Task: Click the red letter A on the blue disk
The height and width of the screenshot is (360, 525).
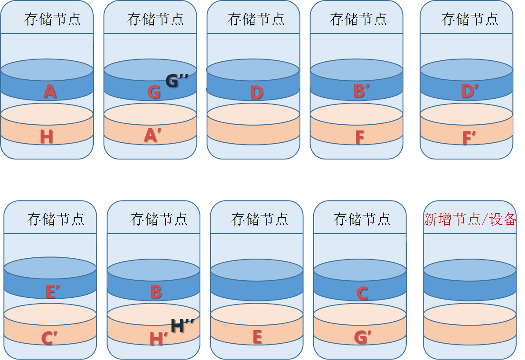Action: pos(50,92)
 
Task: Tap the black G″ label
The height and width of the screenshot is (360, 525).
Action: pos(177,81)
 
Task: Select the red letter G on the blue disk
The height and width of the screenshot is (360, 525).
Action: pos(154,93)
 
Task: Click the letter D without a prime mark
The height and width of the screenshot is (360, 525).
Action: pos(256,93)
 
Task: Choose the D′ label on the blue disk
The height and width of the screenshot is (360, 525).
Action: pos(470,92)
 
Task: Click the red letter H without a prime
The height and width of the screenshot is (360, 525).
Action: pos(46,137)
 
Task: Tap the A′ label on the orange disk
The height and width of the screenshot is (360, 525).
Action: pos(153,136)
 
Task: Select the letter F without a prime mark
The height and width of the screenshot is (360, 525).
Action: pos(359,137)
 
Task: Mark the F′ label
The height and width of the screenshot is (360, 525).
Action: pos(470,138)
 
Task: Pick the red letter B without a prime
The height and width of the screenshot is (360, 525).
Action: pos(156,292)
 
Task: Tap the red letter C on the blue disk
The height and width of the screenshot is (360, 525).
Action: pos(362,293)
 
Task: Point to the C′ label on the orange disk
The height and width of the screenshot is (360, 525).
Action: pos(49,338)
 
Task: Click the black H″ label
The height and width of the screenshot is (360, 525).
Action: pos(182,326)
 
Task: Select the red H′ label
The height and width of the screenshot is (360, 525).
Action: pos(159,339)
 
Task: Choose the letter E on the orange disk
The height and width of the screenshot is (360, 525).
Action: pos(257,337)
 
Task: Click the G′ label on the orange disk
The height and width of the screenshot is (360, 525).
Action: pos(362,338)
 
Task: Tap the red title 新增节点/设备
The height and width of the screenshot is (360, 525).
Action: pos(470,219)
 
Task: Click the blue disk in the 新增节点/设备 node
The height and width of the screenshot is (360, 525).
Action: pos(470,282)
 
